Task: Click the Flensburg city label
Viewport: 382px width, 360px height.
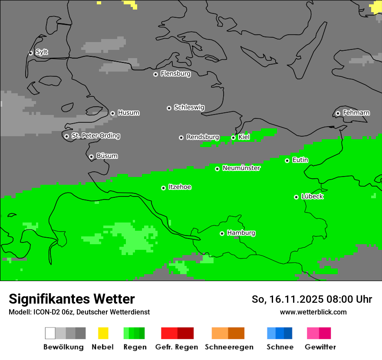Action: tap(175, 74)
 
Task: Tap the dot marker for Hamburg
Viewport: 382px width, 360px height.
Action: tap(222, 233)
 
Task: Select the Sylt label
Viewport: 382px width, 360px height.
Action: tap(42, 52)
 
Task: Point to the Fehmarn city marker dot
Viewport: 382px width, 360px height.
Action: tap(338, 113)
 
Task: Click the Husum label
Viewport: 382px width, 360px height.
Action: tap(128, 113)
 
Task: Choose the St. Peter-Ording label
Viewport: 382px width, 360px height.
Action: tap(95, 136)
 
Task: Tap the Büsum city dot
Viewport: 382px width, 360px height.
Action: tap(91, 157)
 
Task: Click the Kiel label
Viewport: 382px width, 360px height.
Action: tap(244, 137)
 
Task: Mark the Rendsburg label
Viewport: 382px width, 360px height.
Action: tap(202, 137)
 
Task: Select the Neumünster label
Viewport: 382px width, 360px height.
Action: tap(241, 168)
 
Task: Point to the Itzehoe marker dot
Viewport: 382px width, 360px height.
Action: tap(163, 188)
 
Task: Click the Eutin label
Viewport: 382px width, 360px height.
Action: tap(300, 160)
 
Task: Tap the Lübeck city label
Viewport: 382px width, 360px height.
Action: tap(312, 196)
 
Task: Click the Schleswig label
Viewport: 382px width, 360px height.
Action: tap(189, 107)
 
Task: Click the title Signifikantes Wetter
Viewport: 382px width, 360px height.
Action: tap(72, 299)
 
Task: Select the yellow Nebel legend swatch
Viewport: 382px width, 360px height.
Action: tap(103, 333)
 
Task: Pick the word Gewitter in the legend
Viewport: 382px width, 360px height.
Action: tap(320, 347)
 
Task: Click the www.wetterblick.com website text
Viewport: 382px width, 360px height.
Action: tap(313, 312)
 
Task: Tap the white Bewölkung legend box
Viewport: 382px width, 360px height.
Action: tap(50, 333)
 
